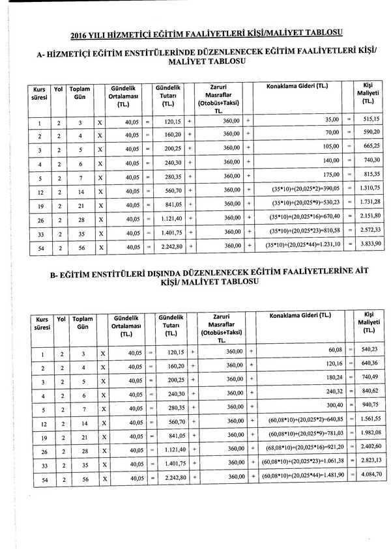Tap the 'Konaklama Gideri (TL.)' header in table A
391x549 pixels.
click(298, 87)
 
